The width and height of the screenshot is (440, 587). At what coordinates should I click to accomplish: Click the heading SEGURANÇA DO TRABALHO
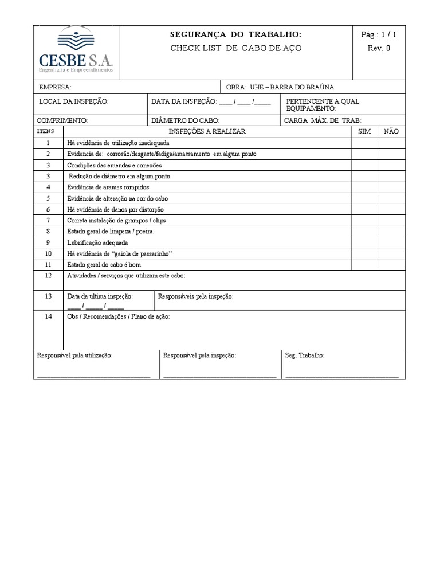(235, 35)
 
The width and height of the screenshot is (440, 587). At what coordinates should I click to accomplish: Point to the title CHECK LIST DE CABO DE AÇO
(235, 48)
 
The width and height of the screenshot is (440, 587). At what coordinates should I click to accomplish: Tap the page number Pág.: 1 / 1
(379, 35)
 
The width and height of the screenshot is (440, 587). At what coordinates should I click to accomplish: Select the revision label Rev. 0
(379, 48)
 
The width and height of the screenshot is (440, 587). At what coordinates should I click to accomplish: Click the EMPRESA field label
(55, 87)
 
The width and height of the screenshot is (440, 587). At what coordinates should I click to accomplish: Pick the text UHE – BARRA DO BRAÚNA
(291, 87)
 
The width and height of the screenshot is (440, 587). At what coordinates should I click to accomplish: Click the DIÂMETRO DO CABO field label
(185, 120)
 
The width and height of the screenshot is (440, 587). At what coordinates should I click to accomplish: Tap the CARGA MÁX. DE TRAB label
(323, 120)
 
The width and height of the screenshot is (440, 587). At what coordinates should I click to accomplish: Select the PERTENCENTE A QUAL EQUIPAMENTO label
(322, 105)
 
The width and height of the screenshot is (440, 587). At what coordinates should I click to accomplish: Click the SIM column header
(364, 131)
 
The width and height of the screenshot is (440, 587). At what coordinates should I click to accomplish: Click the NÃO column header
(391, 131)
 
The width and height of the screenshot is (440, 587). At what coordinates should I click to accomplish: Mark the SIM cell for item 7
(364, 221)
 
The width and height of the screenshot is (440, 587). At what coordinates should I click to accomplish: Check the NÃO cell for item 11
(391, 265)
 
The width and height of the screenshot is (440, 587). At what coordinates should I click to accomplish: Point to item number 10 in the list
(49, 253)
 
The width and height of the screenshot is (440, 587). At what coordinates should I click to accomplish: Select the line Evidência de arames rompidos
(108, 187)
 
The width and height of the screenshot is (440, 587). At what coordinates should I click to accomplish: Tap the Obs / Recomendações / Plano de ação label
(119, 316)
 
